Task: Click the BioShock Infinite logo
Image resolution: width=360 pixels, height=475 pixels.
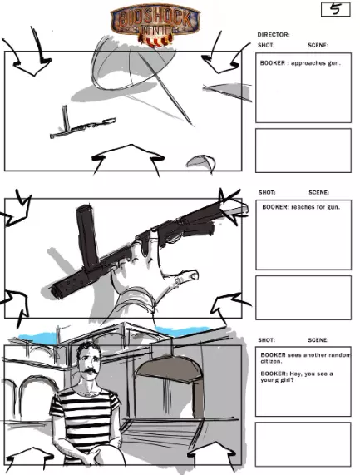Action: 155,24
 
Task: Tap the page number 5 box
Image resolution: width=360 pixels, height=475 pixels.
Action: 336,9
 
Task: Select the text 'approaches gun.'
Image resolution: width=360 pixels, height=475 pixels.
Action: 316,63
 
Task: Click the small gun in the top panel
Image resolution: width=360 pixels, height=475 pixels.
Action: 82,125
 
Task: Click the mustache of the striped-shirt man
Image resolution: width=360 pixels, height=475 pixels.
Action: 90,371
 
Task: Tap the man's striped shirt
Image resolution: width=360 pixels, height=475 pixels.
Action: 85,418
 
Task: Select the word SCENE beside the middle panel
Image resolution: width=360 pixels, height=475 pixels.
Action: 318,192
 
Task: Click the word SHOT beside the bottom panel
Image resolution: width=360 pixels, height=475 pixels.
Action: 266,340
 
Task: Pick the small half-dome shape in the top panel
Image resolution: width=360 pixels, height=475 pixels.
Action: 200,162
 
